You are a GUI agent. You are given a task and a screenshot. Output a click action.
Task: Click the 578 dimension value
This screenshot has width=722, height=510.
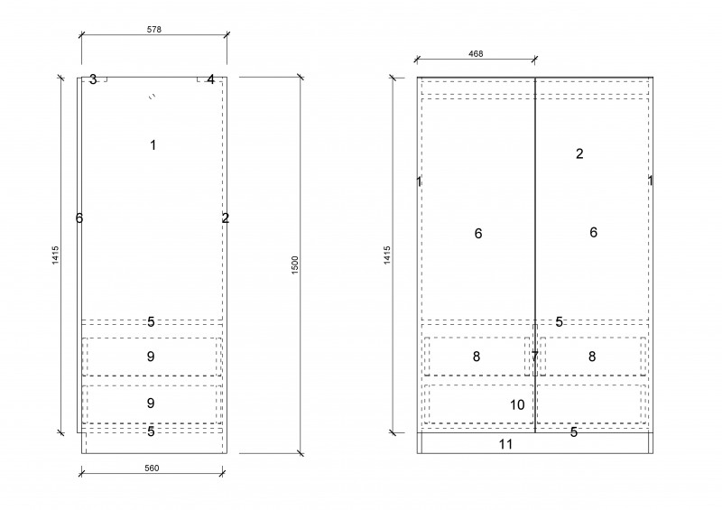153,30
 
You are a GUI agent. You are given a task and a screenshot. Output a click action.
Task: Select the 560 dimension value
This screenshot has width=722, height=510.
152,468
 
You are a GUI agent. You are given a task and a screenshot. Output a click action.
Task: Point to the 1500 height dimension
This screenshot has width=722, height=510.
295,265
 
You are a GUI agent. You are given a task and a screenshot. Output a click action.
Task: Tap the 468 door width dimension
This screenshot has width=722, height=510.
476,54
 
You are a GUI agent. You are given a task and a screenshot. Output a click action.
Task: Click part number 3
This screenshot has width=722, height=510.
93,79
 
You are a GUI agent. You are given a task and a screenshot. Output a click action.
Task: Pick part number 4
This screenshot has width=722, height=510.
210,79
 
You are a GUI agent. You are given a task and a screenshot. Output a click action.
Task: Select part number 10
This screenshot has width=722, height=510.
517,405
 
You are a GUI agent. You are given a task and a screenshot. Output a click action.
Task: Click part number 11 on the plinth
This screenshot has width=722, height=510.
505,444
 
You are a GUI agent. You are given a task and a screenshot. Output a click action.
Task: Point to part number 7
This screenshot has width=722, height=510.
534,357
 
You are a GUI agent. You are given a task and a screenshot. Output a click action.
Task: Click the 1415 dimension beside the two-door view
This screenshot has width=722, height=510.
387,255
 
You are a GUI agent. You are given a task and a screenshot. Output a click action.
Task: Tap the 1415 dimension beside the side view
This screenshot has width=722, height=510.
55,255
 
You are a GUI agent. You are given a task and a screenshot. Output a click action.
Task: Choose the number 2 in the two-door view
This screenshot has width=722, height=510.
579,153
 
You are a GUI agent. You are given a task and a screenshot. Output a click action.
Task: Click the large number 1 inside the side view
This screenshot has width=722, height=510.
153,145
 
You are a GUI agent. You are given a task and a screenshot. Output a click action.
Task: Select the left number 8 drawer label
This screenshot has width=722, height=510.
477,357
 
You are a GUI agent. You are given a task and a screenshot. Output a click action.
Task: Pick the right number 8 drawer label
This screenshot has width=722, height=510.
592,357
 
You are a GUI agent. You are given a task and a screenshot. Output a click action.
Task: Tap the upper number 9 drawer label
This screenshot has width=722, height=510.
151,357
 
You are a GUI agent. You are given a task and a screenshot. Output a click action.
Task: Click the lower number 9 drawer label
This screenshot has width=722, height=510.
151,403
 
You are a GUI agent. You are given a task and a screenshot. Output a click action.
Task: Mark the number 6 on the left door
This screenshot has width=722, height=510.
478,234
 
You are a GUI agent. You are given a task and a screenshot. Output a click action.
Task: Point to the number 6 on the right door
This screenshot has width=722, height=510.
594,232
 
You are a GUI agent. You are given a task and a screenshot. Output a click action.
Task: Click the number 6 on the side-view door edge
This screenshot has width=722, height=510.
79,218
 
